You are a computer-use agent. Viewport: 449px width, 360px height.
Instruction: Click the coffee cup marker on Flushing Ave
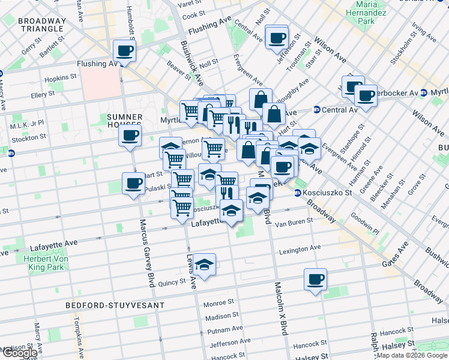tap(124, 51)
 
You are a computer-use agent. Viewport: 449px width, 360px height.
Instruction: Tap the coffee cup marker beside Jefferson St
tap(277, 38)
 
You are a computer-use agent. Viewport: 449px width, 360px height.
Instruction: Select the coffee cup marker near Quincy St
tap(315, 280)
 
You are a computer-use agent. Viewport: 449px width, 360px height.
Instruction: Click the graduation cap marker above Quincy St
tap(204, 265)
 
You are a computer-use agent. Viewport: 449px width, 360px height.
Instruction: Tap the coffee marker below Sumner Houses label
tap(130, 136)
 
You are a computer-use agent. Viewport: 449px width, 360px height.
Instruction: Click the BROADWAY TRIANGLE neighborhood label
tap(32, 25)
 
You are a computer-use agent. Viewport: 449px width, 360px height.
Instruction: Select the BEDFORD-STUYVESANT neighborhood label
tap(115, 305)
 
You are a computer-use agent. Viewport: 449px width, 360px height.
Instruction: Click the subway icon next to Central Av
tap(316, 109)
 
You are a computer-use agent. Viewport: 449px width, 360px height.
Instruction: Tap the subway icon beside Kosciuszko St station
tap(297, 193)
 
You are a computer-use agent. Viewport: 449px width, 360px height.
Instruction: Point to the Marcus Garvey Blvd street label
tap(147, 252)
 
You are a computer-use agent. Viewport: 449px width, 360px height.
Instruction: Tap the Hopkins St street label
tap(61, 77)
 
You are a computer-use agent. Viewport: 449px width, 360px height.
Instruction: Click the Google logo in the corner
tap(19, 353)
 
